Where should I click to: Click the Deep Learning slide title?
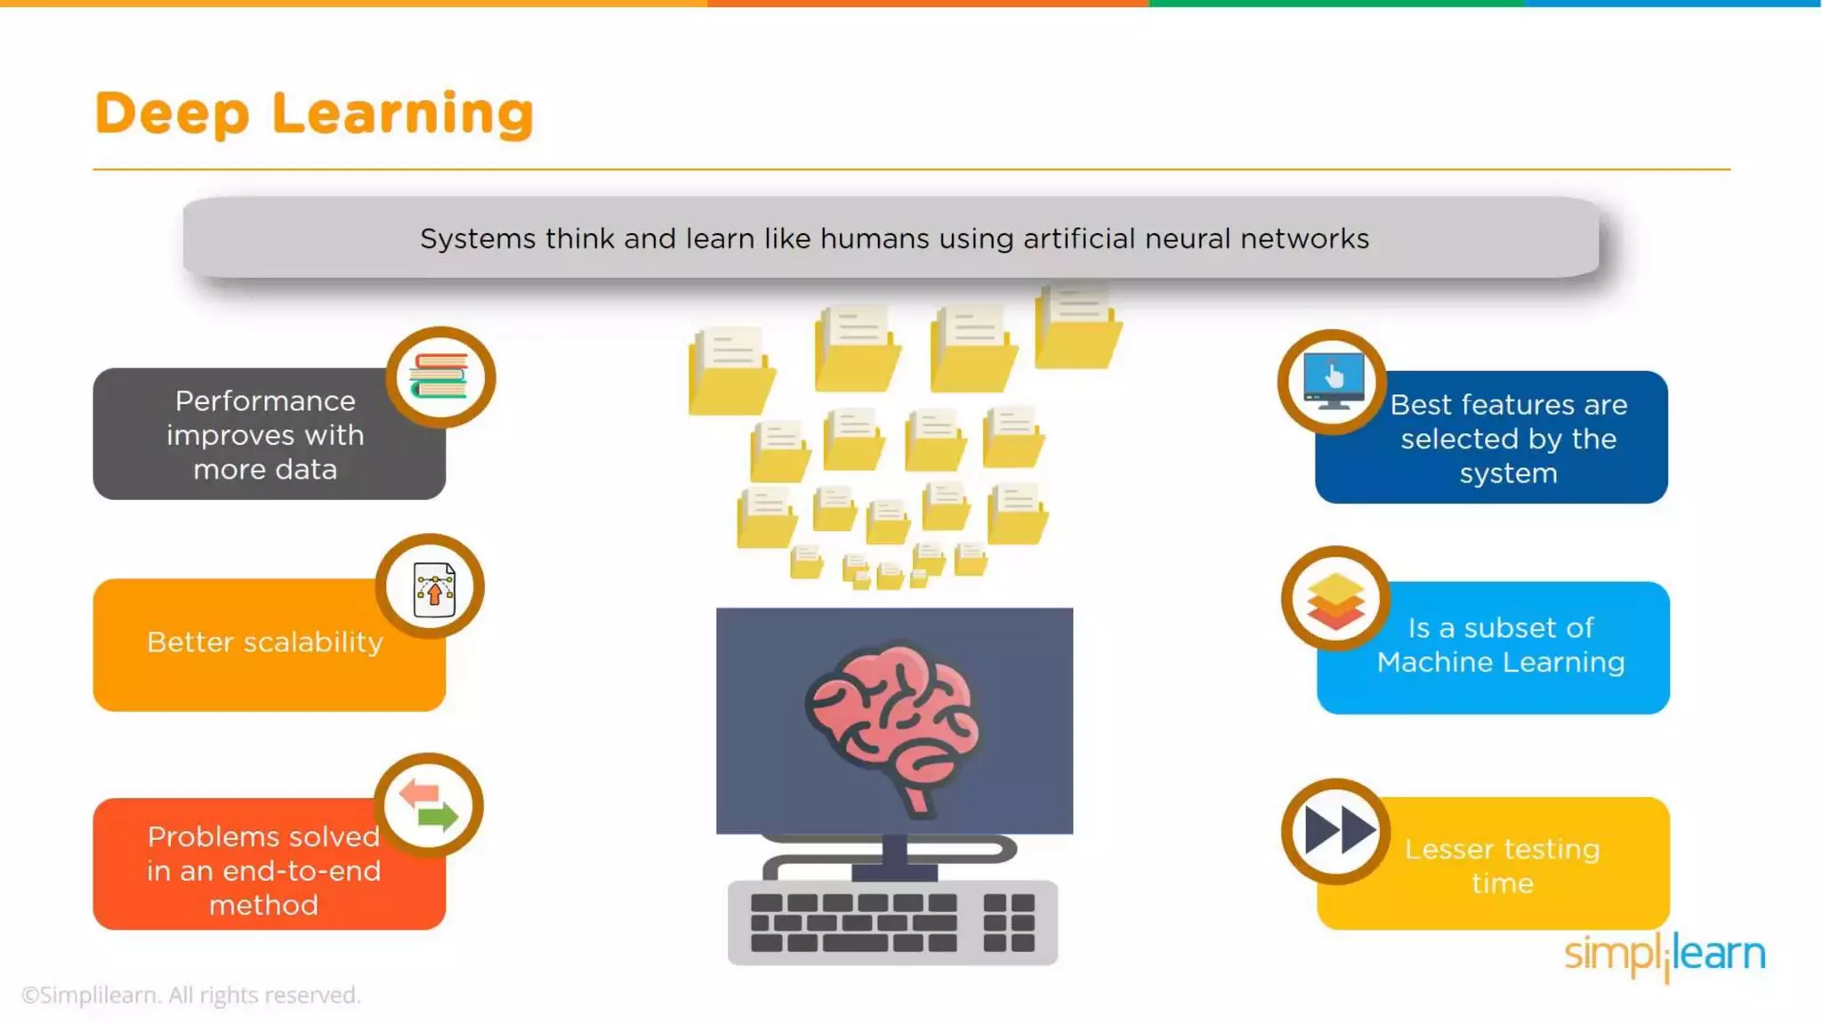[314, 114]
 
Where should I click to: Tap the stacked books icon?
[439, 377]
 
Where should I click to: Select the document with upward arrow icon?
[433, 588]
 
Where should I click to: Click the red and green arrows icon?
[429, 805]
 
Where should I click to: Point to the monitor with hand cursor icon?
[1333, 381]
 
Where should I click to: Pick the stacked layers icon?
[1335, 601]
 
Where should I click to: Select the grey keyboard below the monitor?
[892, 922]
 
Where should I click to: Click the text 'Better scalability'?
[265, 642]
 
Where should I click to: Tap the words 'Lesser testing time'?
[1502, 866]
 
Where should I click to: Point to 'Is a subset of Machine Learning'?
[1501, 645]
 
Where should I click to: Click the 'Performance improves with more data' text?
[265, 435]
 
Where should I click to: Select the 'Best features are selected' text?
[1509, 439]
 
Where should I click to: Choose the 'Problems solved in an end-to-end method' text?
[263, 870]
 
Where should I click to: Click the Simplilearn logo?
[1665, 955]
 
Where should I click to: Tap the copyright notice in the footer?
[190, 995]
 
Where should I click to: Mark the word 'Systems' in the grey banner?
[478, 238]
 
